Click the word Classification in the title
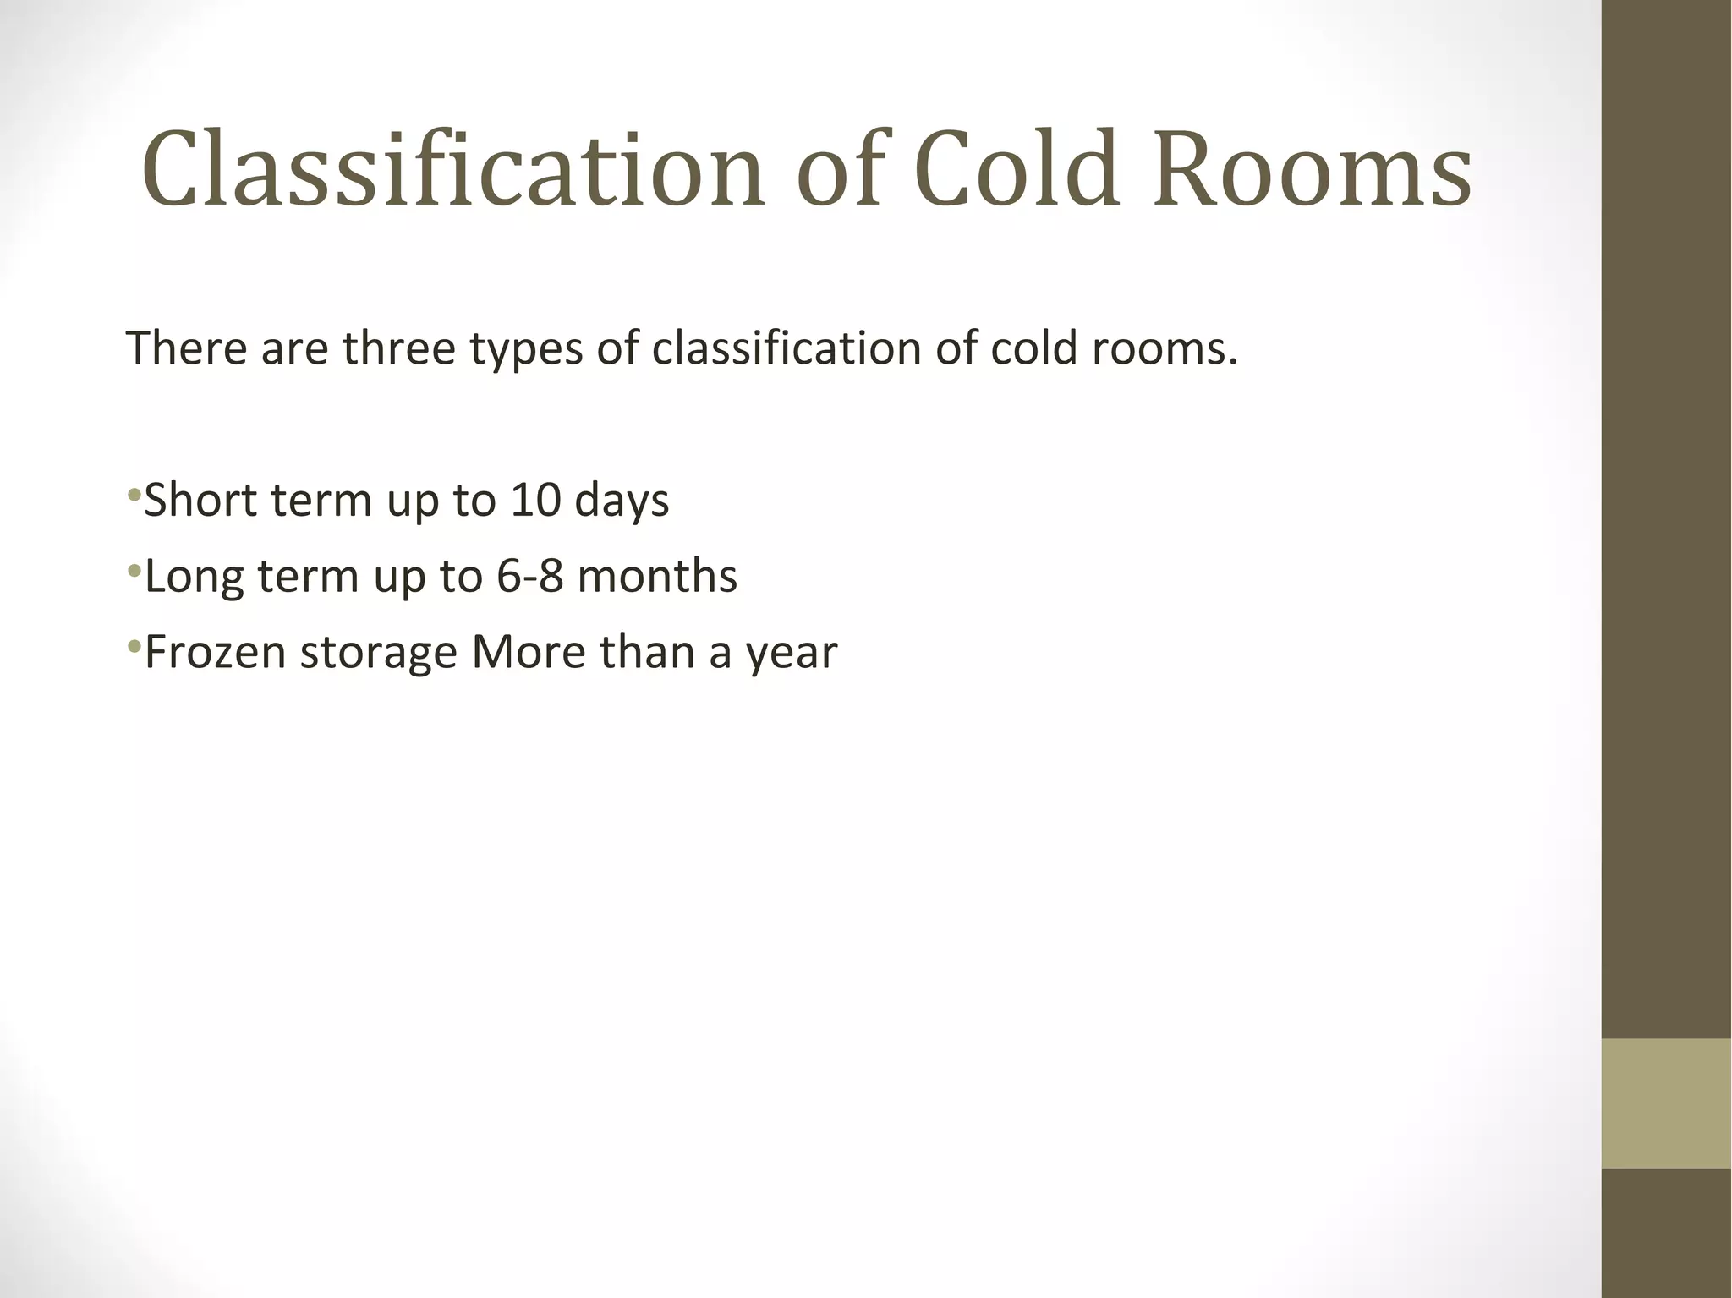[x=453, y=169]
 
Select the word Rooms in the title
[x=1312, y=169]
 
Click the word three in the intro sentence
[x=399, y=348]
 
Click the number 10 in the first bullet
[x=535, y=500]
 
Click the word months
[x=657, y=576]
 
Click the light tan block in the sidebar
[x=1666, y=1103]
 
